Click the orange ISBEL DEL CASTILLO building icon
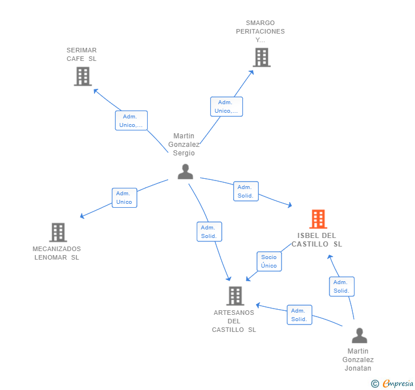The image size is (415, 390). coord(318,219)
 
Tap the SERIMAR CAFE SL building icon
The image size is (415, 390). coord(83,76)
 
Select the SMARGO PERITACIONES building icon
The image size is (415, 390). coord(261,58)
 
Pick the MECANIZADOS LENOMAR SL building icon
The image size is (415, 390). coord(58,232)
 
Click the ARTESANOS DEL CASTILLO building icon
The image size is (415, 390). coord(235,296)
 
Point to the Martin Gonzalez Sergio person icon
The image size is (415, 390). coord(185,171)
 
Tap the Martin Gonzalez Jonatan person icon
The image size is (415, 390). coord(359,336)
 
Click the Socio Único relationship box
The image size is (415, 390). coord(269,261)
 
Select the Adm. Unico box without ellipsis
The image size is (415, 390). coord(124,198)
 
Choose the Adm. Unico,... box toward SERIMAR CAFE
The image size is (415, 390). coord(132,121)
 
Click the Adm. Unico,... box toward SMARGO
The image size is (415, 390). coord(226,106)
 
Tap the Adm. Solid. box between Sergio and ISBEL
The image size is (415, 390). coord(246,191)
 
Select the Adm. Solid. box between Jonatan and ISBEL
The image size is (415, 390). coord(341,286)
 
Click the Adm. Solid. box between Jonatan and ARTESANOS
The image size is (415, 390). coord(299,315)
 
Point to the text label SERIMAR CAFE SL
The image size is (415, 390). coord(82,55)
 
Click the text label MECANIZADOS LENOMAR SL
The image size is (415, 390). coord(56,253)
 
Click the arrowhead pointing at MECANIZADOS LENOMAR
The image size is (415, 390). coord(82,216)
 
